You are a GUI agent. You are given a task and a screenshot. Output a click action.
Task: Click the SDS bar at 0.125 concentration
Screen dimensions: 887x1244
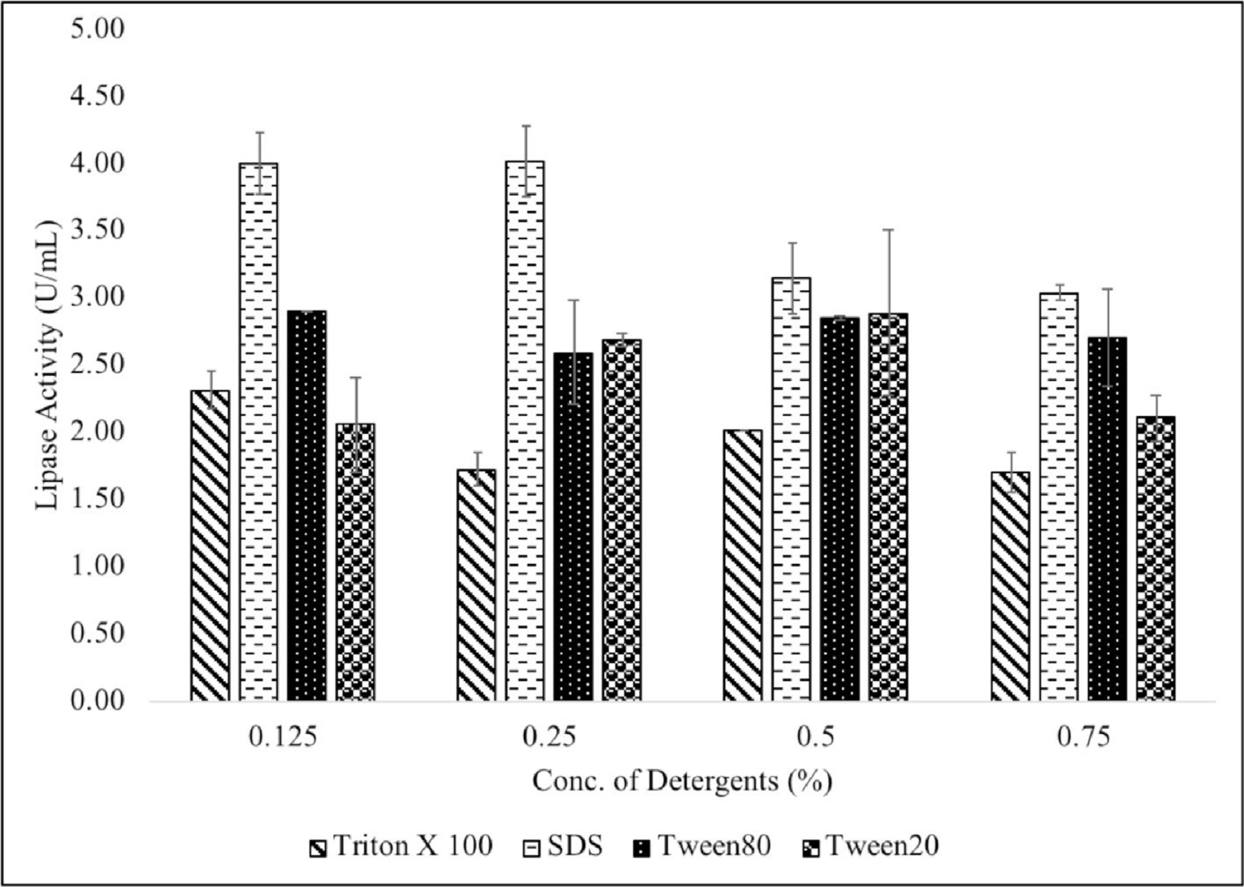(x=259, y=431)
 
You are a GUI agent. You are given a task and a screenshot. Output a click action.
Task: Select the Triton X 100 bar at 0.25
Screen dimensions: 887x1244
(x=476, y=585)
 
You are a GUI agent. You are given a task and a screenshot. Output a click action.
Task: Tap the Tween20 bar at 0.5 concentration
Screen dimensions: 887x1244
(x=888, y=507)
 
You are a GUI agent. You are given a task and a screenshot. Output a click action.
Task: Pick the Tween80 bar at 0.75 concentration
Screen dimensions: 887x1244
(x=1107, y=519)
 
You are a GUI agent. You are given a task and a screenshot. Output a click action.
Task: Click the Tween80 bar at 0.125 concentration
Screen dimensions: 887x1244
(x=307, y=505)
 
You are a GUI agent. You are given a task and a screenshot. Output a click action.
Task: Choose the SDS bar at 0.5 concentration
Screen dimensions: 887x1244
(x=791, y=489)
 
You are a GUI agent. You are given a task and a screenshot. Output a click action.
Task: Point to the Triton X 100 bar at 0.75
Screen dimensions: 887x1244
(x=1010, y=586)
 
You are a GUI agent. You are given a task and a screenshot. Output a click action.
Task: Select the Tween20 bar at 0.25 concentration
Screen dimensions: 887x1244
(x=622, y=520)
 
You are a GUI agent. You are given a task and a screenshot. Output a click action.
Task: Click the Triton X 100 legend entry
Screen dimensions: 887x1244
(x=401, y=846)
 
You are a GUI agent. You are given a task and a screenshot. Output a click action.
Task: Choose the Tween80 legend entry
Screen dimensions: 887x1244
(x=702, y=846)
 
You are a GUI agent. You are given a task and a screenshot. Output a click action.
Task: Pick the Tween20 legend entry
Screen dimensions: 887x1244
(x=871, y=846)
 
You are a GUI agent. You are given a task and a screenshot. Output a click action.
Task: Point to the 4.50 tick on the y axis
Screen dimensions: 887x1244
(x=97, y=96)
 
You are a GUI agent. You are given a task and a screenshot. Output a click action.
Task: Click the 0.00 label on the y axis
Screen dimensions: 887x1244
(x=97, y=700)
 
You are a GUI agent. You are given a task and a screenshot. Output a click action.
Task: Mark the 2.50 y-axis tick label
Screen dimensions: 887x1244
(x=97, y=364)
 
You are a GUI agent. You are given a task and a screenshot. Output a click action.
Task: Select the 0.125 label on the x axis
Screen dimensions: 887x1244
(x=282, y=737)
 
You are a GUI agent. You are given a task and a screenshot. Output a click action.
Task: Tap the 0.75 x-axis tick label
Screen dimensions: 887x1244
(x=1083, y=737)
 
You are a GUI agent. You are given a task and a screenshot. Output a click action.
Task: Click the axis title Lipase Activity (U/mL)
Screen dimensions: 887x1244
(x=46, y=364)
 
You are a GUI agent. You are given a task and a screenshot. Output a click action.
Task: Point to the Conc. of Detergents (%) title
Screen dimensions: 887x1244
(x=682, y=782)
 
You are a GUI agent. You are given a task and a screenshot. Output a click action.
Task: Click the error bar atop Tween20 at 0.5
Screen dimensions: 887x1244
(x=888, y=271)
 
